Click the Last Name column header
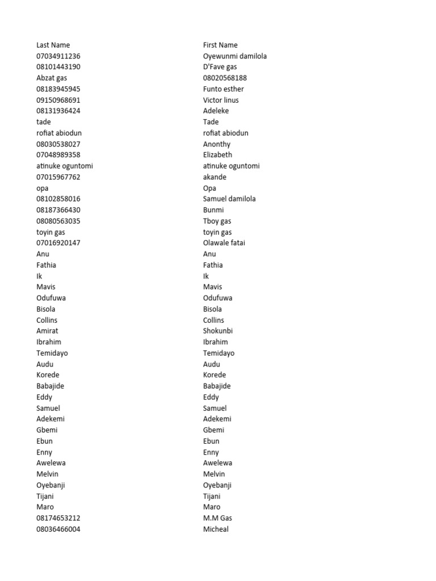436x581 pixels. (53, 45)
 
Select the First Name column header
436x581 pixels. (220, 45)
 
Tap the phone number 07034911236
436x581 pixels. (58, 56)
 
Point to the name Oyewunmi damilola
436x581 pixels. (234, 56)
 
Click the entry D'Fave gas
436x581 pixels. (220, 67)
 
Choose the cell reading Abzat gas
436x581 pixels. (52, 78)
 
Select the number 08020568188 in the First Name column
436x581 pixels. (225, 78)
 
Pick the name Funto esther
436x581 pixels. (223, 89)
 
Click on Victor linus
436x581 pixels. (221, 100)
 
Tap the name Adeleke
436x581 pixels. (216, 111)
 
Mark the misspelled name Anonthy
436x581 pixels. (217, 144)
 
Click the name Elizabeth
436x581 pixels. (217, 154)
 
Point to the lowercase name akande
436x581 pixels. (215, 177)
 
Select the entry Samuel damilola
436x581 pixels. (229, 199)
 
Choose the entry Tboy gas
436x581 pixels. (217, 221)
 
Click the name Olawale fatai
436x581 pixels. (224, 243)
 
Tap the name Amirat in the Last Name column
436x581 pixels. (47, 331)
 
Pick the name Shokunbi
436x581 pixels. (218, 331)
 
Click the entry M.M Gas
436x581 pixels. (217, 518)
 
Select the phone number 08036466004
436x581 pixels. (58, 529)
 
